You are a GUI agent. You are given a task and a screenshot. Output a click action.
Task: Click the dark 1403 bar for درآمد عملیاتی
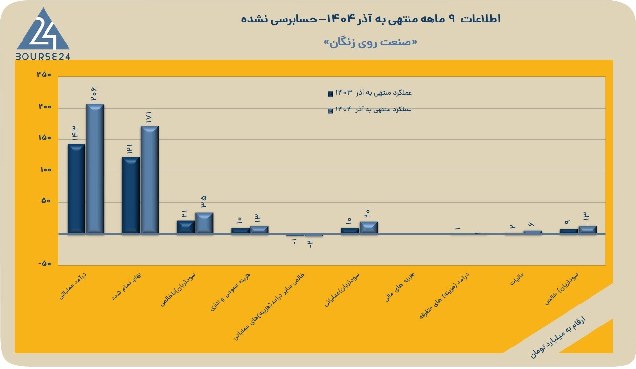76,189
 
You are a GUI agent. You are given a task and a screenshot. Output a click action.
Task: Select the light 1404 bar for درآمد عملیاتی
95,169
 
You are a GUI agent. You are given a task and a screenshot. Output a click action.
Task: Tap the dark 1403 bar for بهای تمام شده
131,195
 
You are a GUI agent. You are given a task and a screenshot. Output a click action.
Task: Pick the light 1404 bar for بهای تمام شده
150,179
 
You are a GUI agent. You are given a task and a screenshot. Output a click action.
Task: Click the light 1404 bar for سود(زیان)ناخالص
204,223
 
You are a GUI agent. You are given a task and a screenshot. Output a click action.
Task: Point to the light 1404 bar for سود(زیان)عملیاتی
368,228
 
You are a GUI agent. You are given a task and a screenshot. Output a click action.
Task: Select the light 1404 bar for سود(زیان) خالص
588,230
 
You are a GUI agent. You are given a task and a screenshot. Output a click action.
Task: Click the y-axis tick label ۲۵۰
44,75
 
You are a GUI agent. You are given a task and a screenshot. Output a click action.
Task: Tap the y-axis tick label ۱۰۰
45,169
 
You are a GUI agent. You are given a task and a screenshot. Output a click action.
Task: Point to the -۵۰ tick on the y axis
45,263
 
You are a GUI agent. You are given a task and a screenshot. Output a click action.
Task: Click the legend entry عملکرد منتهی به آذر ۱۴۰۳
370,93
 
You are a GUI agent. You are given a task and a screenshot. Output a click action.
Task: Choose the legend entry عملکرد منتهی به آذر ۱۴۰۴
370,109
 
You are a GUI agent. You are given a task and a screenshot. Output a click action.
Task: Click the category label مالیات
517,279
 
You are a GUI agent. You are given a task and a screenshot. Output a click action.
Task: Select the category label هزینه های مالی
400,286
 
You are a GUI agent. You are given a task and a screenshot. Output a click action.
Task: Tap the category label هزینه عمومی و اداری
230,292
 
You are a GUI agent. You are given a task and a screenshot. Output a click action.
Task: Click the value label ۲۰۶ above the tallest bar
94,94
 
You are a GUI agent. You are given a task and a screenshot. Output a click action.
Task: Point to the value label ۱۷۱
149,117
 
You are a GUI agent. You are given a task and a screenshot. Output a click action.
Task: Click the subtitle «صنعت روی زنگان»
370,43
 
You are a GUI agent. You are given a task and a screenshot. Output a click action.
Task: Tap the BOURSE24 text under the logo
43,56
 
